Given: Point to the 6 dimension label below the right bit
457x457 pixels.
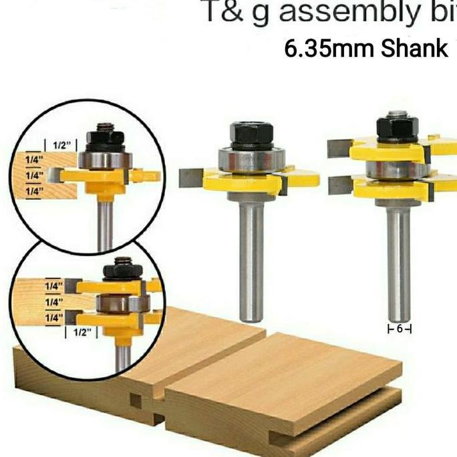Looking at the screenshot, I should click(x=400, y=328).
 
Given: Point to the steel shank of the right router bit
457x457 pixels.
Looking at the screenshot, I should click(x=399, y=261).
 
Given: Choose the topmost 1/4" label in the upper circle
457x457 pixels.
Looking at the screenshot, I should click(x=31, y=160).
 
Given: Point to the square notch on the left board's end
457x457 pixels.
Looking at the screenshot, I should click(x=137, y=401).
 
